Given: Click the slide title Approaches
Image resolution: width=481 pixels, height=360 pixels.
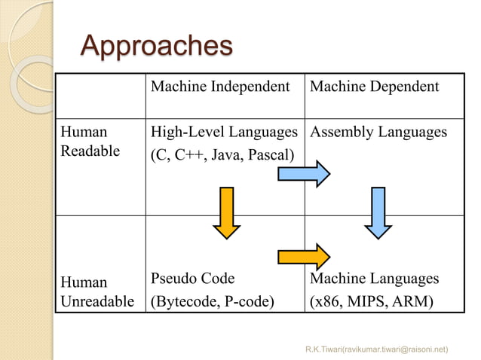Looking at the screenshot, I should [x=156, y=47].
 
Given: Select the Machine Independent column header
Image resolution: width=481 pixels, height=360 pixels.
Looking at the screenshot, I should [x=220, y=87].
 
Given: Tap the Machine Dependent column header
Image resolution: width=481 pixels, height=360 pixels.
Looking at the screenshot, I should [x=374, y=87].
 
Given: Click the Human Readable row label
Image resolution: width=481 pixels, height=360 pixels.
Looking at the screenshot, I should [x=90, y=142].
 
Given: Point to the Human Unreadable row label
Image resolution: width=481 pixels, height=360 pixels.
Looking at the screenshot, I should [x=95, y=291].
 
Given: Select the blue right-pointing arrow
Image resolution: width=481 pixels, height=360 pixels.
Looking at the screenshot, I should [x=304, y=174].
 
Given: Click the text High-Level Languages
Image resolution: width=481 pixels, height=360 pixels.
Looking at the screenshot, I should [x=224, y=133].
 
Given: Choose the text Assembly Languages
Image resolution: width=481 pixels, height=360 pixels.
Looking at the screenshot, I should [x=378, y=133].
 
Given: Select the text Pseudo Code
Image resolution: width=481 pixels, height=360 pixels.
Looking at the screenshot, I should [x=193, y=279].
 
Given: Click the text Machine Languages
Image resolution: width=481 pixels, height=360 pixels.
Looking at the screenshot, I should [x=374, y=279].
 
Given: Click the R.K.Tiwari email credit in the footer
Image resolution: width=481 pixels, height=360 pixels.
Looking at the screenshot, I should [x=376, y=349].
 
